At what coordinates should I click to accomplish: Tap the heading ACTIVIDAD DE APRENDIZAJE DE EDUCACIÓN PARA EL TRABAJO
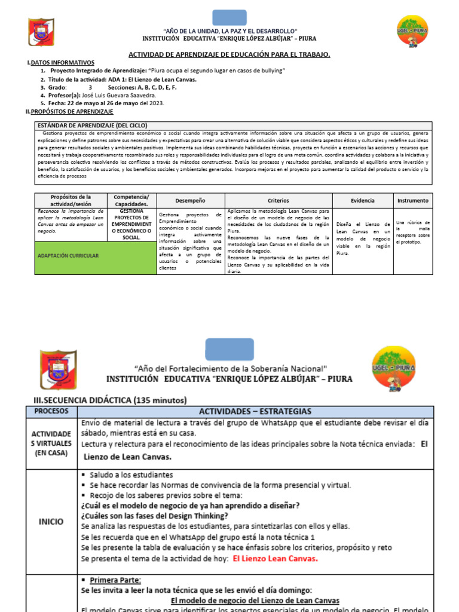click(x=229, y=54)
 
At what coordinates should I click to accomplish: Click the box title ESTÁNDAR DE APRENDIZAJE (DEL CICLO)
click(x=93, y=125)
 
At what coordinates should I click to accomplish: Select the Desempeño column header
click(x=190, y=201)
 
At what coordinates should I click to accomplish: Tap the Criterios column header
click(x=278, y=201)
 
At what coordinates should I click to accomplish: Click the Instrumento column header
click(x=412, y=201)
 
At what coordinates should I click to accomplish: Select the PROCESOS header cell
click(x=51, y=412)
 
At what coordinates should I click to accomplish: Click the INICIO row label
click(x=51, y=521)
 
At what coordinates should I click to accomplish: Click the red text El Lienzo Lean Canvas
click(x=276, y=559)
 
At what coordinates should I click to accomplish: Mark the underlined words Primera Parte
click(x=115, y=580)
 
